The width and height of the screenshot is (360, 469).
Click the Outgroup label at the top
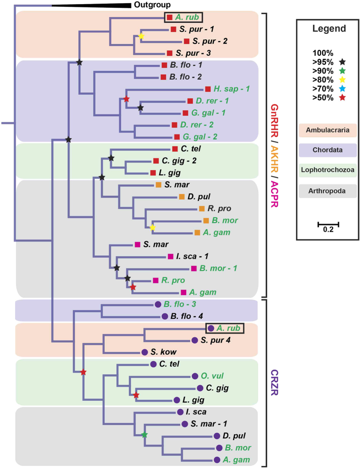coord(152,5)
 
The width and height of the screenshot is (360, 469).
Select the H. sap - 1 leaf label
coord(231,89)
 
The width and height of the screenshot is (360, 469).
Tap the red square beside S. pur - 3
coord(170,53)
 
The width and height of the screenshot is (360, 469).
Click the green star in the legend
coord(342,71)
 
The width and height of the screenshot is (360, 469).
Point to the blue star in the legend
coord(342,89)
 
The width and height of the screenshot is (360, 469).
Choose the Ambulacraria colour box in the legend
coord(328,130)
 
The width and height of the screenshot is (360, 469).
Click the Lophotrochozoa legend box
coord(328,170)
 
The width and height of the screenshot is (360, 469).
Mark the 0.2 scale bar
coord(328,224)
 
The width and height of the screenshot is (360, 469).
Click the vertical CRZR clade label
coord(274,383)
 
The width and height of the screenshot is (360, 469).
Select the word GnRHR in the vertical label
coord(274,123)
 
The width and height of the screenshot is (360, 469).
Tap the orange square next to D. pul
coord(182,196)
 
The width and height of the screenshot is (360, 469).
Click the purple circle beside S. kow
coord(145,352)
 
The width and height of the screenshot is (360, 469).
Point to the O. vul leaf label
coord(212,376)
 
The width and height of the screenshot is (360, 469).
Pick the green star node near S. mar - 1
coord(145,435)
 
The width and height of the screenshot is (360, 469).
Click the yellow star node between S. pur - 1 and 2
coord(141,36)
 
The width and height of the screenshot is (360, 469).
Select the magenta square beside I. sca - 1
coord(171,256)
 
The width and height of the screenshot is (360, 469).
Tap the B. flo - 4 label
coord(187,316)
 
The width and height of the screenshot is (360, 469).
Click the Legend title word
coord(329,29)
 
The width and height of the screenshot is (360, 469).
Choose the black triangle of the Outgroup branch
coord(91,5)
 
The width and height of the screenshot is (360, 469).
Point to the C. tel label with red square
coord(191,149)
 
